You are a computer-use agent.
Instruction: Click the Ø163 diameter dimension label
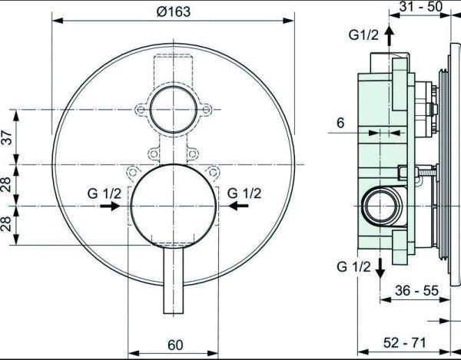coord(174,12)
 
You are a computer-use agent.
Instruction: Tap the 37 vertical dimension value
coord(8,137)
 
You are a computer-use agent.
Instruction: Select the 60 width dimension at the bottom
coord(175,345)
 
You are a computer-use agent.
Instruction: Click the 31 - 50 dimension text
coord(421,7)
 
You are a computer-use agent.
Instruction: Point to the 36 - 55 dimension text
coord(416,291)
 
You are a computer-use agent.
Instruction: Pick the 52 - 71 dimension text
coord(405,342)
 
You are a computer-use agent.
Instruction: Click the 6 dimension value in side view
coord(340,123)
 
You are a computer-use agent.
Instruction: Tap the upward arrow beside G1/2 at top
coord(390,35)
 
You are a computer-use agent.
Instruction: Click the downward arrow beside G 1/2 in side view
coord(380,268)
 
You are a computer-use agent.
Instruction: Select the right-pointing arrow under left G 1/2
coord(110,206)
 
